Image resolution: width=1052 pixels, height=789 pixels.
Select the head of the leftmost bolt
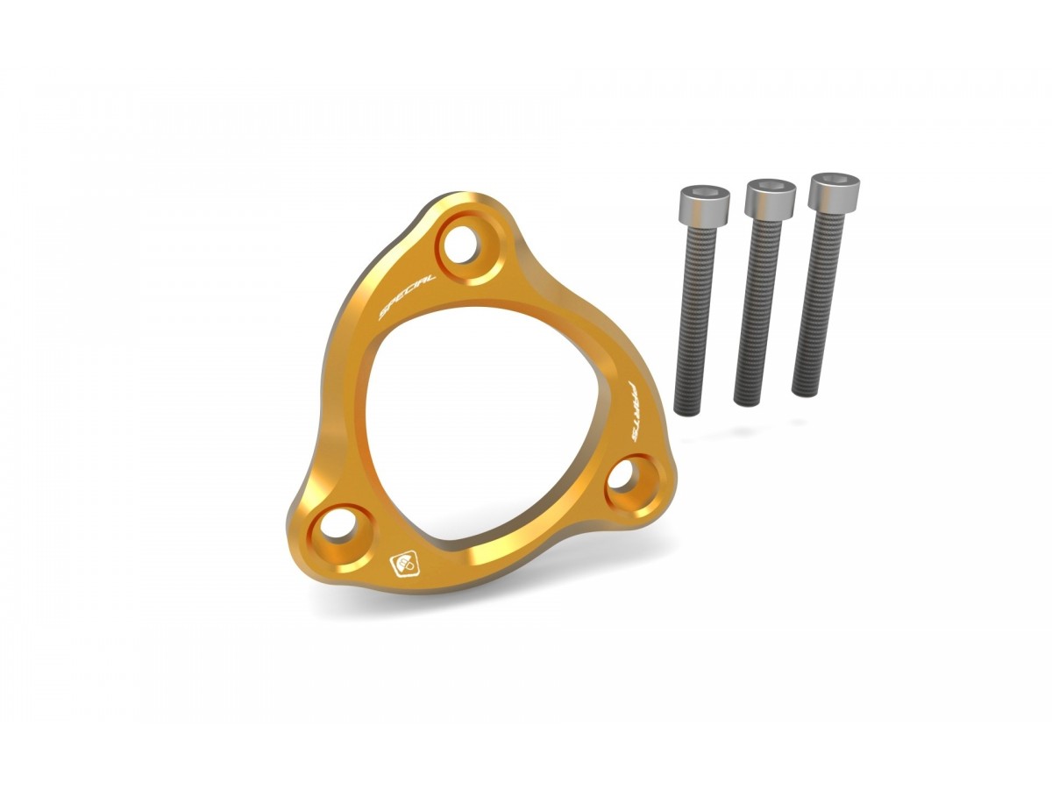click(x=703, y=204)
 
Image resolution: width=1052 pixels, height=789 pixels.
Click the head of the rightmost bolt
click(x=833, y=191)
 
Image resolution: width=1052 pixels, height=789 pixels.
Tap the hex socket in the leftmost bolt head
click(x=704, y=191)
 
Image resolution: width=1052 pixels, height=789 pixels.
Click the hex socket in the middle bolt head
click(x=771, y=184)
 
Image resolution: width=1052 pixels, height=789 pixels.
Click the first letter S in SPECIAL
click(x=383, y=313)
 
